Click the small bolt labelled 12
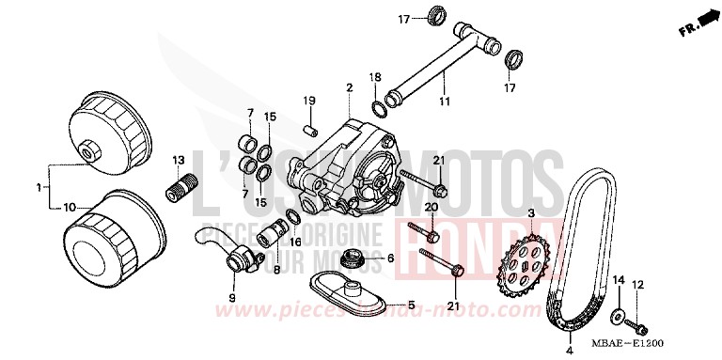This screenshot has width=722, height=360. coord(641,326)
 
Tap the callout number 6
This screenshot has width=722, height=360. coord(389,257)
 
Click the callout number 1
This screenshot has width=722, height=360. coord(39,188)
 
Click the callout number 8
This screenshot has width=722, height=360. coord(276,269)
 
